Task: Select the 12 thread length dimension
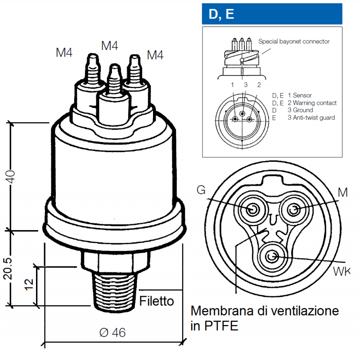pos(28,284)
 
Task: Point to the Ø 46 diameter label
pos(112,333)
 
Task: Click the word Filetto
pos(156,301)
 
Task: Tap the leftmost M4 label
pos(64,53)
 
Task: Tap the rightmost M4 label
pos(155,55)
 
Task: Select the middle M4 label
pos(110,46)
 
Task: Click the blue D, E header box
pos(272,14)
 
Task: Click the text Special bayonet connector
pos(294,41)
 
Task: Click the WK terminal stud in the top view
pos(272,257)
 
